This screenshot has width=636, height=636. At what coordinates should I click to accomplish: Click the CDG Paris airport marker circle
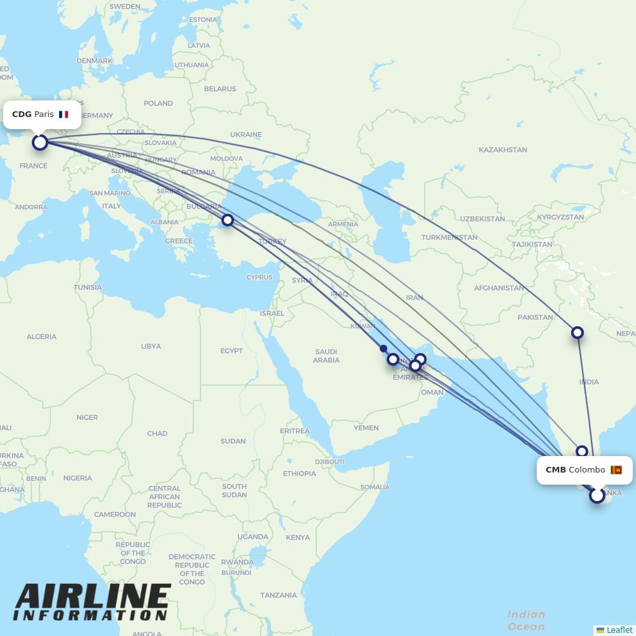(40, 142)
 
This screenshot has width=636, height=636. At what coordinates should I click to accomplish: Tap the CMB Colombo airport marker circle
(597, 495)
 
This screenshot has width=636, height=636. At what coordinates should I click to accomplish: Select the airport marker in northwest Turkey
(227, 221)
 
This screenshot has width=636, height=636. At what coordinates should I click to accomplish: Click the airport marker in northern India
(577, 332)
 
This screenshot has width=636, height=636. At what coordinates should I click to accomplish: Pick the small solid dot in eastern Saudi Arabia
(383, 348)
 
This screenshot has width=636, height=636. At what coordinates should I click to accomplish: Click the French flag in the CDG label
(64, 114)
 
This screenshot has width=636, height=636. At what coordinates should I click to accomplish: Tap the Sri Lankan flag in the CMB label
(616, 470)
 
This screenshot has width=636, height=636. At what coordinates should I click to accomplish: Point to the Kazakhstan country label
(502, 150)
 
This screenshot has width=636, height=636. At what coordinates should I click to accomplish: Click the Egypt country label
(232, 350)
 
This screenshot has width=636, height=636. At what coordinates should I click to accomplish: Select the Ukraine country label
(245, 135)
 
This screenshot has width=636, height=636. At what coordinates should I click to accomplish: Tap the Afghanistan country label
(499, 288)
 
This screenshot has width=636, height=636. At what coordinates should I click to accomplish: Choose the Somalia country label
(375, 487)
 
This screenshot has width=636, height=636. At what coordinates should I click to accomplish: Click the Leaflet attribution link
(619, 630)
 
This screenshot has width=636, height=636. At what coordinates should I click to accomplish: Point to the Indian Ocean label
(526, 620)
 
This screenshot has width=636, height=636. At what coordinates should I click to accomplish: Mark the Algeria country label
(41, 336)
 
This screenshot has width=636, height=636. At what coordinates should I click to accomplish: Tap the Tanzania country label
(278, 595)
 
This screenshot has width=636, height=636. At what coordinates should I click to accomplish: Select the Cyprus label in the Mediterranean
(259, 277)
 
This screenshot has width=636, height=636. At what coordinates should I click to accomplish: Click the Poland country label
(158, 103)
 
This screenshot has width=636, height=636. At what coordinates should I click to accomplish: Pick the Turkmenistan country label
(449, 237)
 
